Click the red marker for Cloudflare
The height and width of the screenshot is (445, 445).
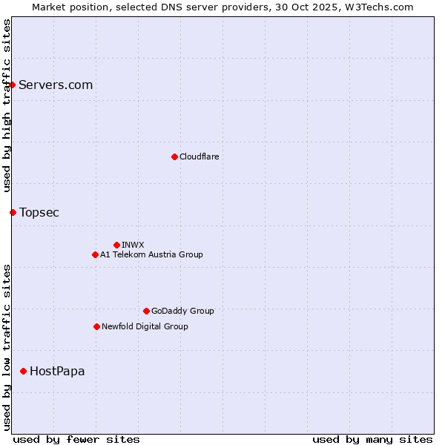tap(174, 156)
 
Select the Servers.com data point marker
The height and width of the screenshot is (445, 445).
tap(13, 85)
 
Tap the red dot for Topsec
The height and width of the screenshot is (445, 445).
tap(13, 212)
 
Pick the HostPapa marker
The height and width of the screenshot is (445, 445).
tap(24, 371)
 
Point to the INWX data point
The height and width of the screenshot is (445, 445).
tap(116, 245)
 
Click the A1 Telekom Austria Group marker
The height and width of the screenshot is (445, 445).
tap(95, 254)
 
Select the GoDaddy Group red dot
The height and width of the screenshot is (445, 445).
tap(146, 311)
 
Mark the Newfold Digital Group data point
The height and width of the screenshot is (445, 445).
tap(96, 326)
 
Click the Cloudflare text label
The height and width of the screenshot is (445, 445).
tap(199, 156)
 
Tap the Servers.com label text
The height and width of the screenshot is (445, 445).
tap(56, 85)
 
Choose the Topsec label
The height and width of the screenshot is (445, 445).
tap(39, 212)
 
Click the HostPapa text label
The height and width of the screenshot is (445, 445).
tap(57, 371)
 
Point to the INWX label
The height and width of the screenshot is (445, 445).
tap(133, 245)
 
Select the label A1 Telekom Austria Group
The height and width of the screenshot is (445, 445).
tap(151, 254)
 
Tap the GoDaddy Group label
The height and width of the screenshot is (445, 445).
tap(182, 311)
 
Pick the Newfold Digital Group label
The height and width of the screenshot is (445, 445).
tap(145, 326)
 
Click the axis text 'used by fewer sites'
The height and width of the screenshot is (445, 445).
tap(76, 439)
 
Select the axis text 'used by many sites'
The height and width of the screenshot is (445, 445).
tap(372, 439)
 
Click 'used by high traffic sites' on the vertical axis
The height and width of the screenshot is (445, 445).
tap(7, 105)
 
